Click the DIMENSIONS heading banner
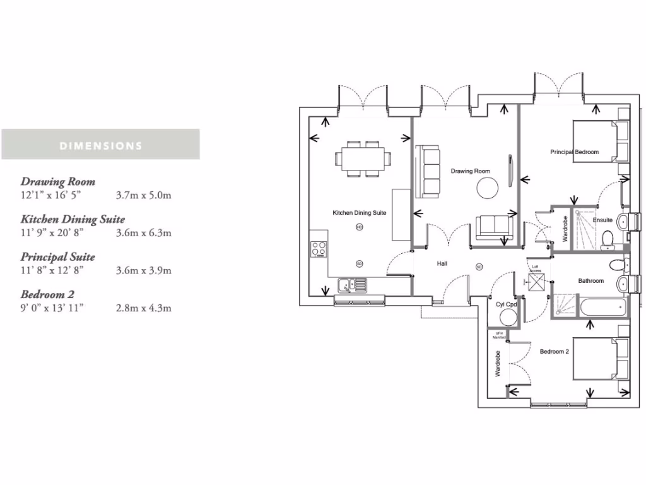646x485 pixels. pos(100,145)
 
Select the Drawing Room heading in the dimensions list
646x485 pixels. pos(58,182)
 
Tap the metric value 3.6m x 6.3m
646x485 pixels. pos(144,232)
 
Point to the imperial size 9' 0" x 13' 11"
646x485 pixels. pos(52,308)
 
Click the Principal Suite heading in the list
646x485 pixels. pos(58,257)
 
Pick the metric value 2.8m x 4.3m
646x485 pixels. pos(144,308)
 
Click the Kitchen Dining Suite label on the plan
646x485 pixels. pos(359,213)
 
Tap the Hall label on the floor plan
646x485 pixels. pos(442,264)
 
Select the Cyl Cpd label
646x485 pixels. pos(506,304)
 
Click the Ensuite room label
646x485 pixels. pos(602,220)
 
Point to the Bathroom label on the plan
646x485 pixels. pos(591,281)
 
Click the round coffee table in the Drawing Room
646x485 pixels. pos(487,188)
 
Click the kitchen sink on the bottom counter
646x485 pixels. pos(353,286)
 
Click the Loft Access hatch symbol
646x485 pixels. pos(536,282)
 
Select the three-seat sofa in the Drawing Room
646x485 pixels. pos(427,171)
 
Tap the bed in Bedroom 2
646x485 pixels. pos(599,359)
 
